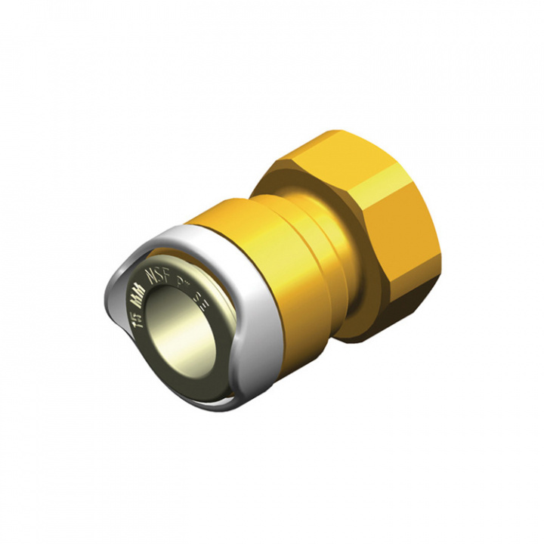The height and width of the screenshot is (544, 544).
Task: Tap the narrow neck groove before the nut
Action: pos(332,249)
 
